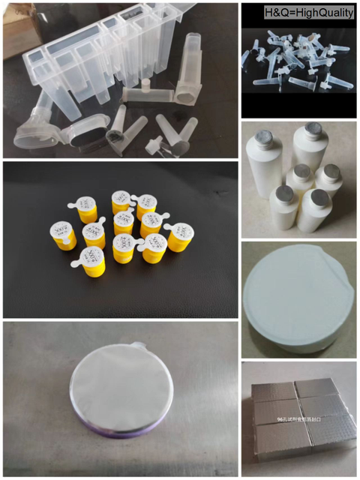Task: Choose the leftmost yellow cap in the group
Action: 62,232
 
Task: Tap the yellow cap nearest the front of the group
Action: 93,259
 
